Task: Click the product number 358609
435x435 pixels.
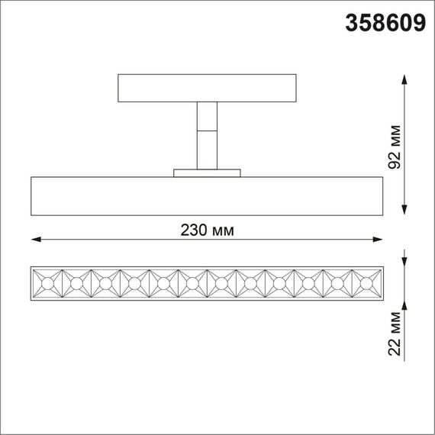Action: click(385, 24)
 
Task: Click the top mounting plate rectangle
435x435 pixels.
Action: click(207, 88)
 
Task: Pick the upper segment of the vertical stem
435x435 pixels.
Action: click(207, 116)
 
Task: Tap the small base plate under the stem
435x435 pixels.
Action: click(207, 173)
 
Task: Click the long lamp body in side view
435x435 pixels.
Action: click(207, 197)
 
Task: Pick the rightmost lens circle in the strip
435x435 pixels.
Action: click(366, 284)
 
